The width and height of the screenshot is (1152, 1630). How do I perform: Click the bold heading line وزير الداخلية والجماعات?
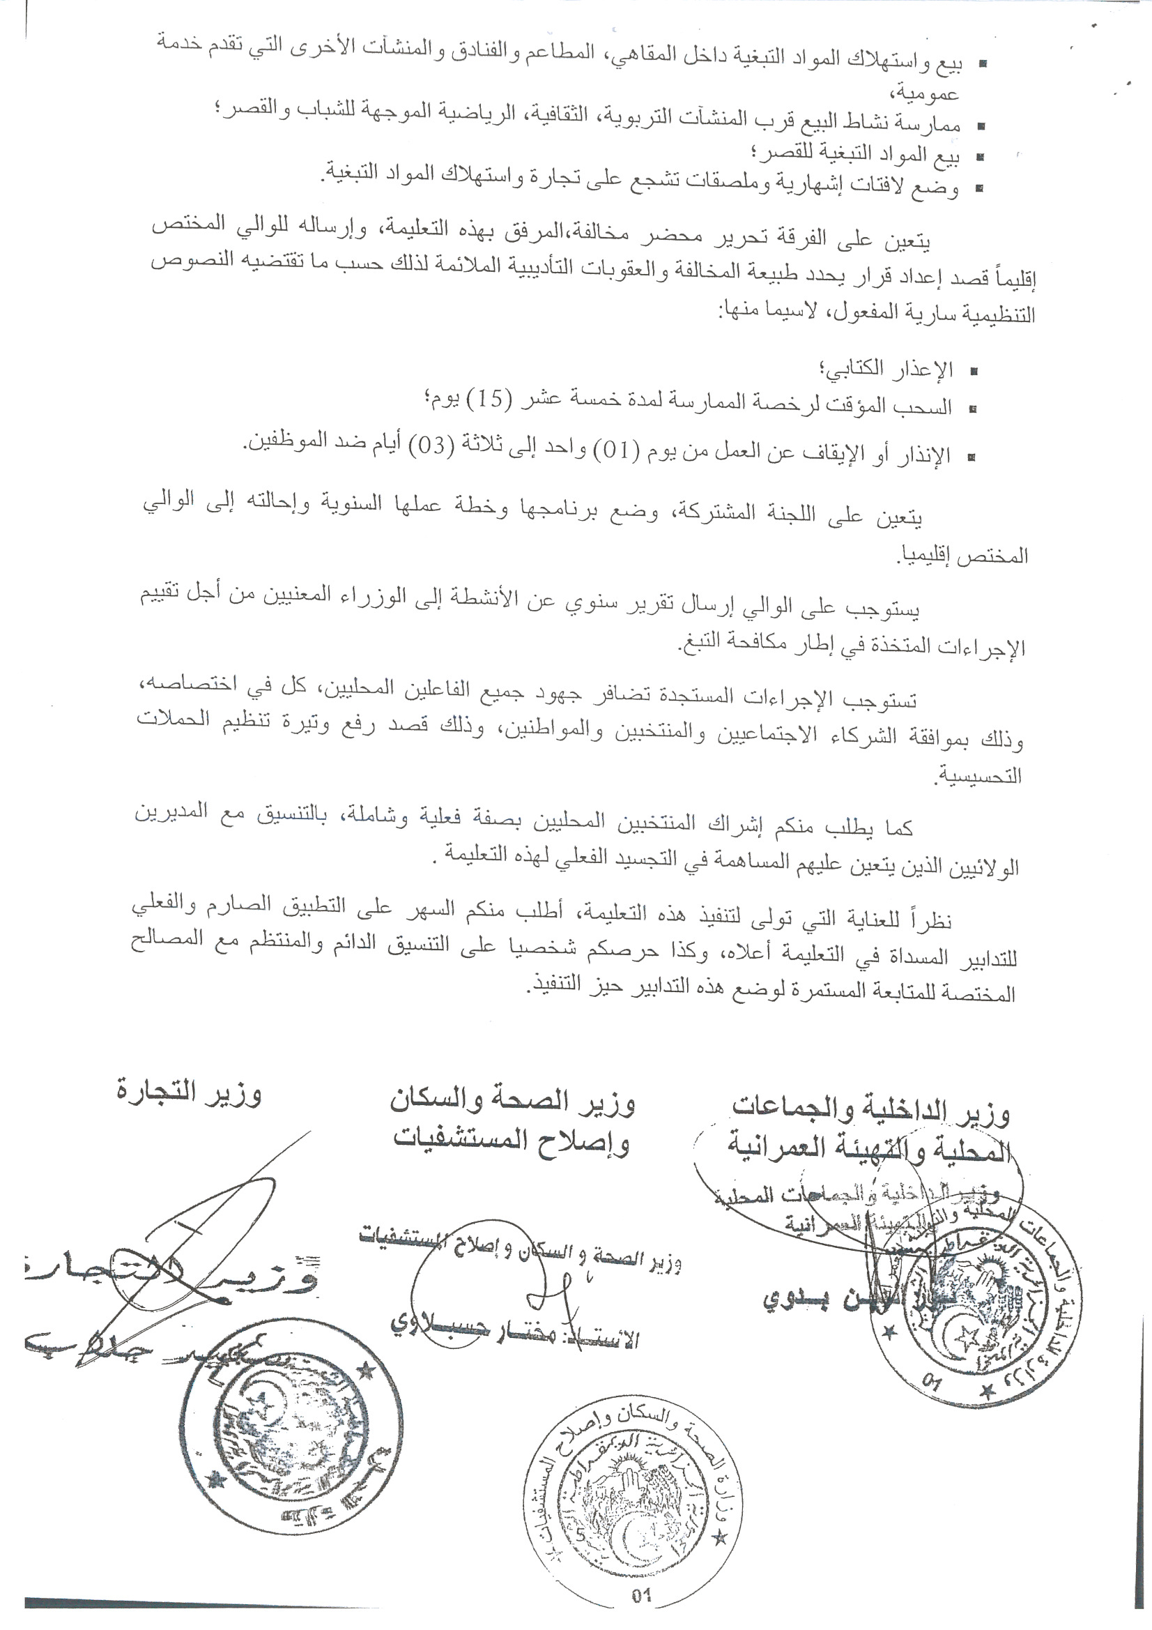pyautogui.click(x=871, y=1111)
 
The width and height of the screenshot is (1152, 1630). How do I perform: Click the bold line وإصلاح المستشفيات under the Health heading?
pyautogui.click(x=512, y=1140)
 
